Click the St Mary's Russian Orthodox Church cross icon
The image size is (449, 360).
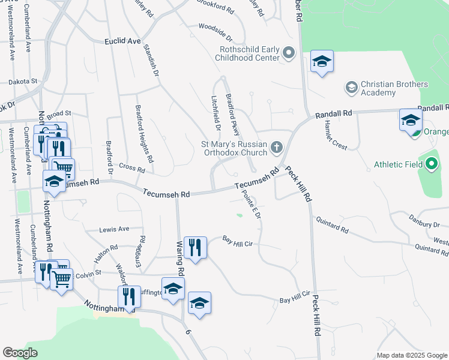[276, 147]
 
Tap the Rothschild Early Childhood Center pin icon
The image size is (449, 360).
[289, 54]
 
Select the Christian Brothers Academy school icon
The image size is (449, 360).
[351, 88]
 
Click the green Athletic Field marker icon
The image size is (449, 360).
[432, 164]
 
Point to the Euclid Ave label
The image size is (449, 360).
[122, 41]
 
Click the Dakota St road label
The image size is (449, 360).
[22, 80]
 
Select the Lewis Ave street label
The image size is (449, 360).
[114, 229]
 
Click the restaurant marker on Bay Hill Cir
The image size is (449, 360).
[195, 247]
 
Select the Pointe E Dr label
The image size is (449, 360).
[252, 204]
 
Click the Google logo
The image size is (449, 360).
[20, 353]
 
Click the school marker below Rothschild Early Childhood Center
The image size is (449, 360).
[322, 62]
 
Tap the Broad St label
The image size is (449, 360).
[59, 113]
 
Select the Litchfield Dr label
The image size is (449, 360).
[215, 113]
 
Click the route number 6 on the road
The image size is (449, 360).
[188, 332]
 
